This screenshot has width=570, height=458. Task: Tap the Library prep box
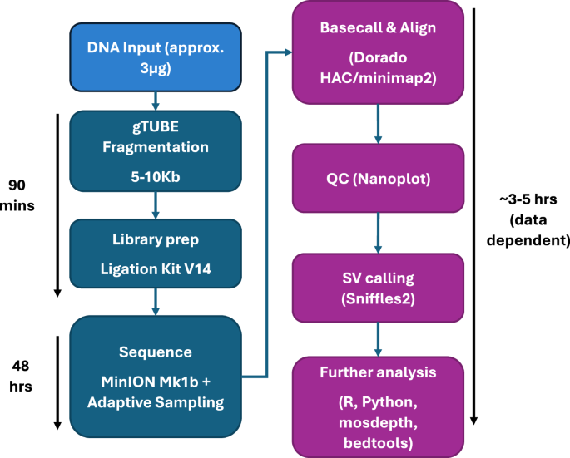click(156, 258)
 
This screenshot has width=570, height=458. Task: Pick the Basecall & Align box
click(379, 52)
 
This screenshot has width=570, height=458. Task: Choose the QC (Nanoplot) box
click(379, 178)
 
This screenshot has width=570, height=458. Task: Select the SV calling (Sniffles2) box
click(379, 288)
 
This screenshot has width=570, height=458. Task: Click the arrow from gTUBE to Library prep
click(156, 209)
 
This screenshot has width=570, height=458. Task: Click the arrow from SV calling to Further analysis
click(379, 342)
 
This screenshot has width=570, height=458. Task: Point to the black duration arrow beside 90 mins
click(57, 203)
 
